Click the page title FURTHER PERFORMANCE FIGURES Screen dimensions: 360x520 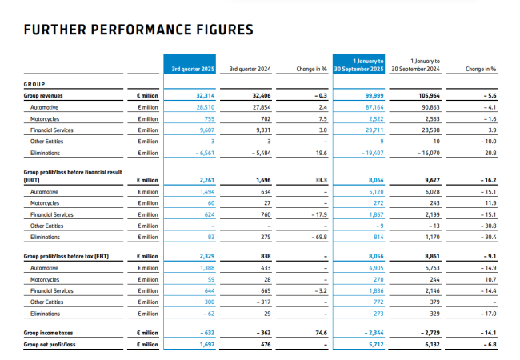point(138,30)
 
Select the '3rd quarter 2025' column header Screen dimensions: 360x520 point(193,69)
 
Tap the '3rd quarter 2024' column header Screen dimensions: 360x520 point(250,69)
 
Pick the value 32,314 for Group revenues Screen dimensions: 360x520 point(205,95)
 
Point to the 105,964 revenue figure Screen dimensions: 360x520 point(428,95)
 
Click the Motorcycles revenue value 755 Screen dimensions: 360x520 point(210,118)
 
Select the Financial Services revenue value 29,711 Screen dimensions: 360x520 point(373,129)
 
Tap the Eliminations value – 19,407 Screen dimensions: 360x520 point(370,152)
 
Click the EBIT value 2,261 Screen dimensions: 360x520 point(206,181)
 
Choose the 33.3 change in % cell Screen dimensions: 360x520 point(322,181)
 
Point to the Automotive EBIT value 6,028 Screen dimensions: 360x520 point(430,192)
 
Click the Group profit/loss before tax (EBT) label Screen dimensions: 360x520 point(66,257)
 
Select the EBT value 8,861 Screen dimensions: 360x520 point(430,257)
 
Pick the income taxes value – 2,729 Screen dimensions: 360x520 point(427,332)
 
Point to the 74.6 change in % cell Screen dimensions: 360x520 point(322,332)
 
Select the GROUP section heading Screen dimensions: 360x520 point(34,83)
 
